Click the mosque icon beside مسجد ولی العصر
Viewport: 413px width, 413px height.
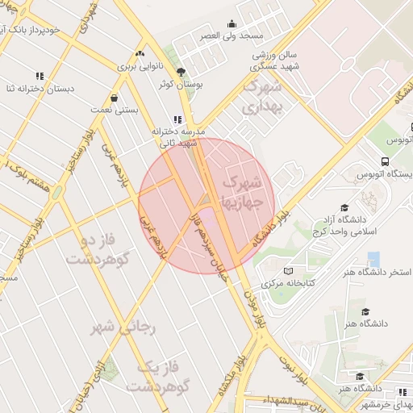(232, 24)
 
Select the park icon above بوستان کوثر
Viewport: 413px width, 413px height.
(181, 71)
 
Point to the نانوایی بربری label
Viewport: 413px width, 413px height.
(142, 66)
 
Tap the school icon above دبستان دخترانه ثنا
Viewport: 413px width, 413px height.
(40, 77)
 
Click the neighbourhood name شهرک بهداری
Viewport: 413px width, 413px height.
(263, 94)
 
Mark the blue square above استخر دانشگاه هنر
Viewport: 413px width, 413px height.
(373, 259)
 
